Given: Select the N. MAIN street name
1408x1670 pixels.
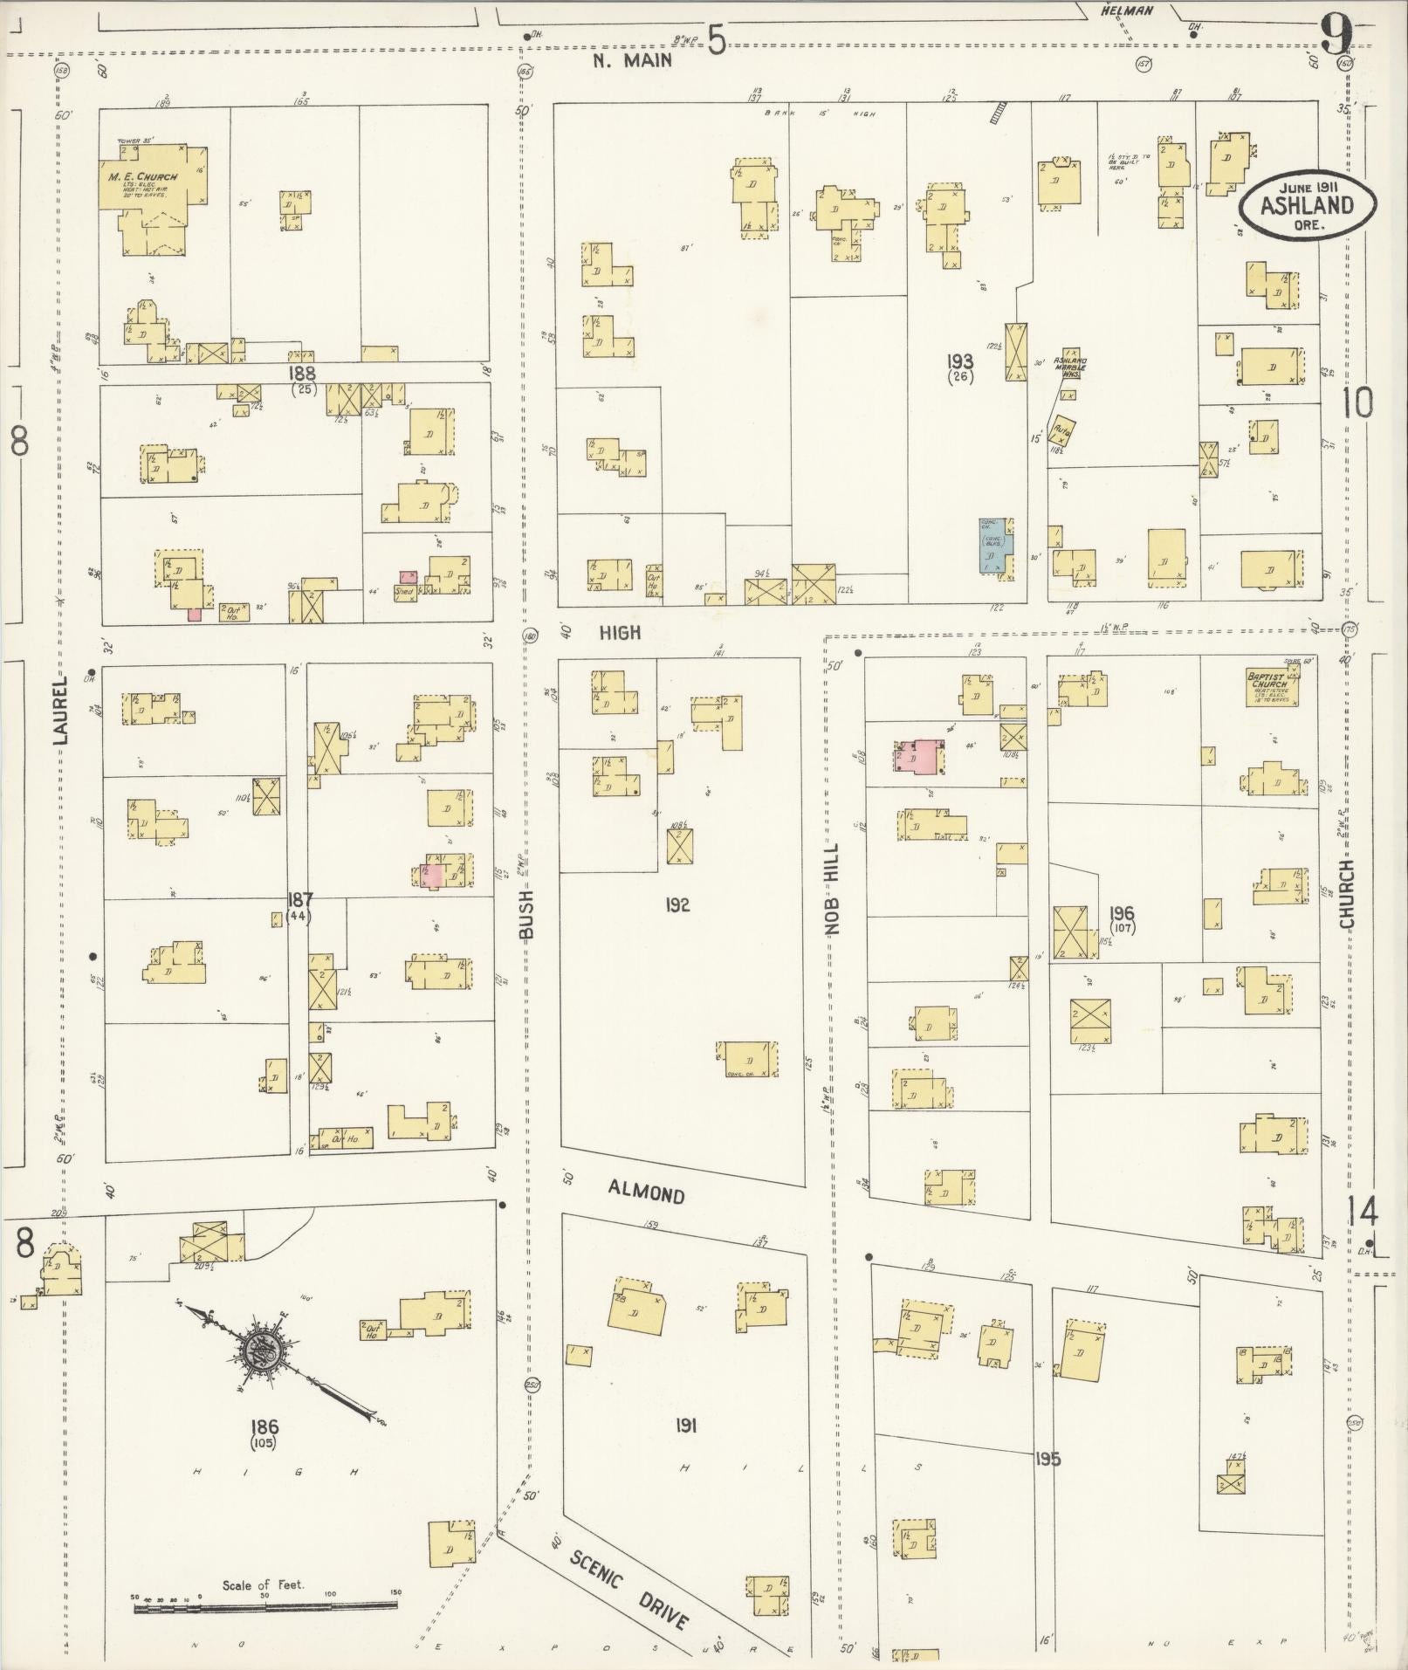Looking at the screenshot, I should [x=633, y=59].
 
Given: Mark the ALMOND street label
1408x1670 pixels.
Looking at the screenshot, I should [x=646, y=1192].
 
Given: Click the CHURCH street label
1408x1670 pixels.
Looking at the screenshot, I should [x=1346, y=894].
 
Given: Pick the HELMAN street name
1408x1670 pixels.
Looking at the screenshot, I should [x=1126, y=10].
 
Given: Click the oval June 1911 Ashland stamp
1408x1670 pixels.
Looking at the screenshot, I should [x=1305, y=204].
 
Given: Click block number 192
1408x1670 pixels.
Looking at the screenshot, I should [x=677, y=904].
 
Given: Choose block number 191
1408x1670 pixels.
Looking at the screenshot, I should [x=685, y=1425].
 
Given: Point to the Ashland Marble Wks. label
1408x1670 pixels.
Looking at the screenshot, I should [x=1069, y=367].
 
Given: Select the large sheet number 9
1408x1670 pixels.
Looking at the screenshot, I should [x=1335, y=35].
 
